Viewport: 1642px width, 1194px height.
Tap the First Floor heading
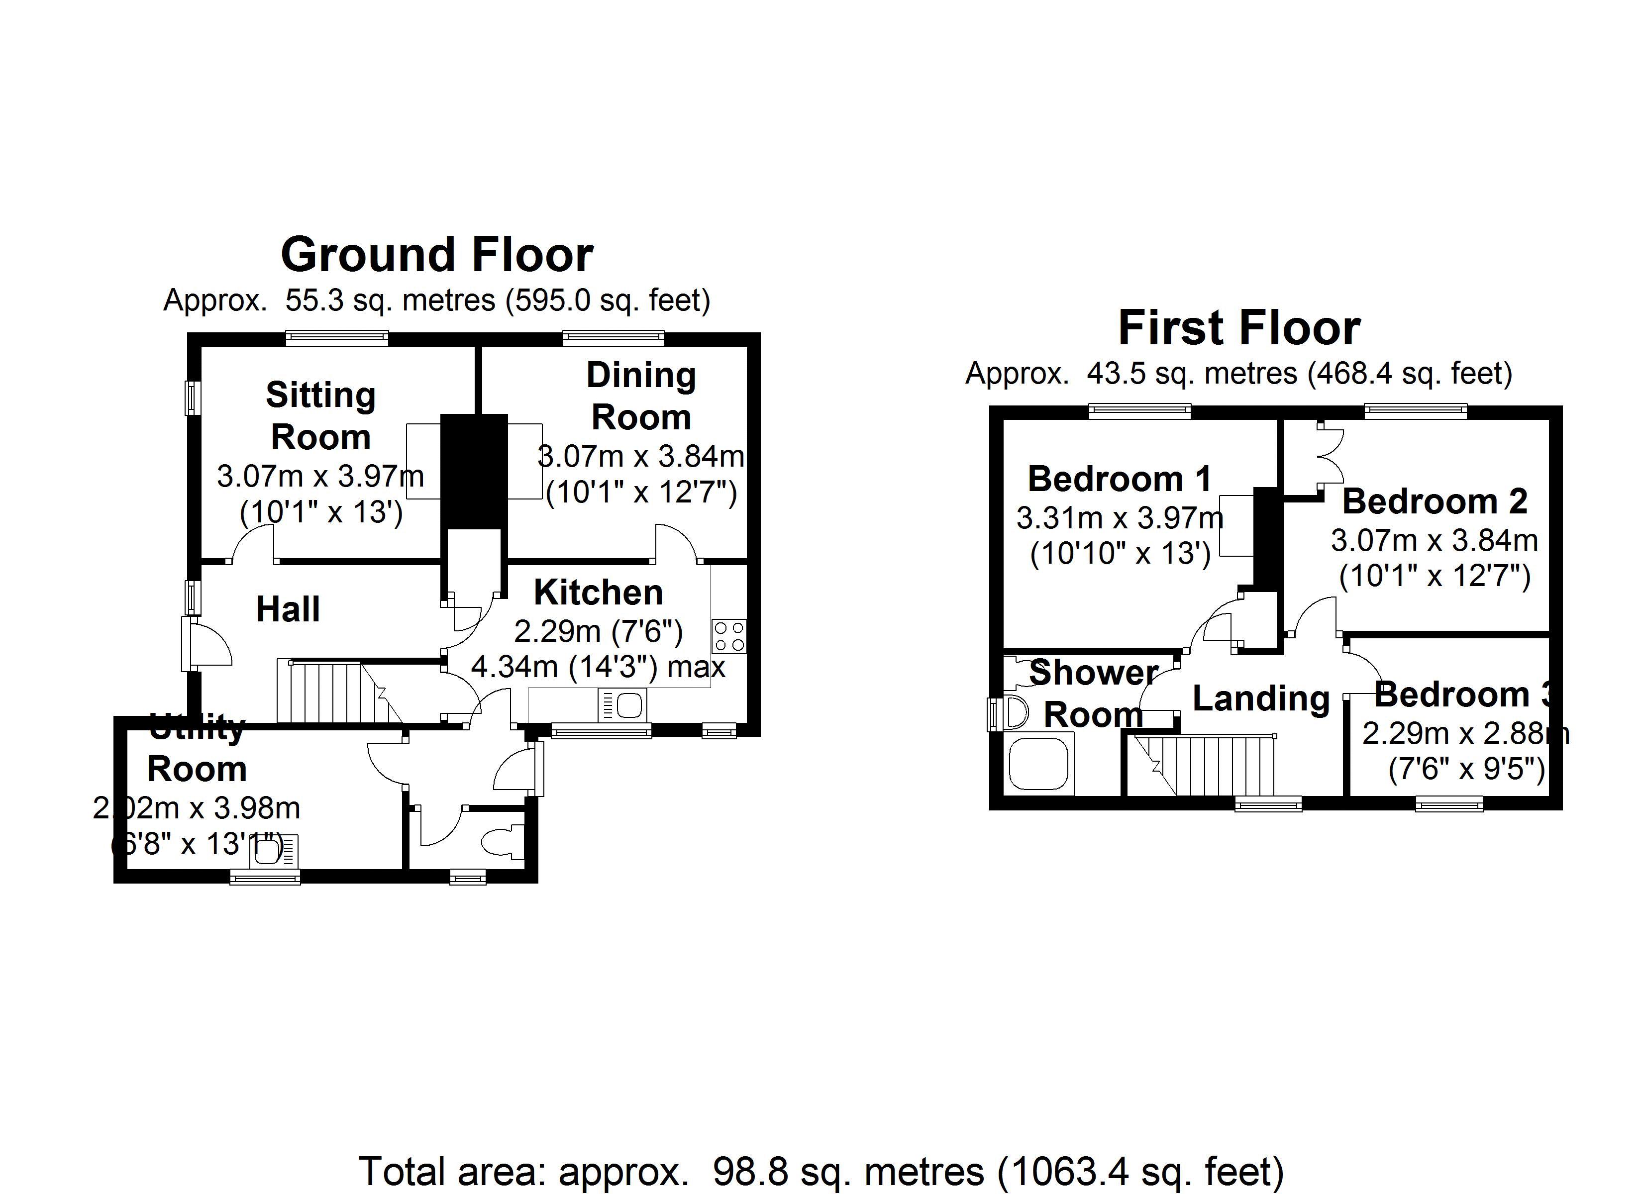[1239, 328]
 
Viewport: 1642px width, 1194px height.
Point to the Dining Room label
[641, 396]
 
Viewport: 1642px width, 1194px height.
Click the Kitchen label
[598, 593]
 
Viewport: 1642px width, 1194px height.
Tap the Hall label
[288, 609]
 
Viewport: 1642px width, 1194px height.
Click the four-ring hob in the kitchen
[729, 636]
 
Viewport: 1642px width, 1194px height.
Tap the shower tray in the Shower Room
[1039, 765]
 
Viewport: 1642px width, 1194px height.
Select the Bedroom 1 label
[1119, 479]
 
